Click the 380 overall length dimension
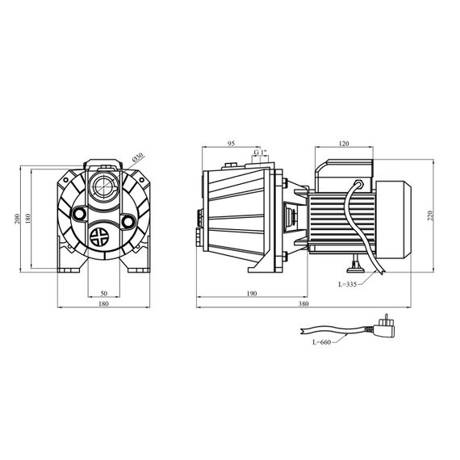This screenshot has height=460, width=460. click(x=303, y=304)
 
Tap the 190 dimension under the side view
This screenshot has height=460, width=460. click(x=252, y=294)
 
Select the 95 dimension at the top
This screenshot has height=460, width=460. click(x=231, y=144)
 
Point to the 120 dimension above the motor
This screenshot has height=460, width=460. click(x=344, y=144)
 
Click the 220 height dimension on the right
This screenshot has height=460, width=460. click(x=430, y=216)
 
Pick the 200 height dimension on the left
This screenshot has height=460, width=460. click(x=17, y=219)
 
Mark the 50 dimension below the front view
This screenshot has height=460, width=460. click(x=104, y=293)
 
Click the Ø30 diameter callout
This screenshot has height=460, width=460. click(x=138, y=157)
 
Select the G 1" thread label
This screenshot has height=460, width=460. click(x=260, y=153)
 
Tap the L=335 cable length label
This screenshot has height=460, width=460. click(x=348, y=284)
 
